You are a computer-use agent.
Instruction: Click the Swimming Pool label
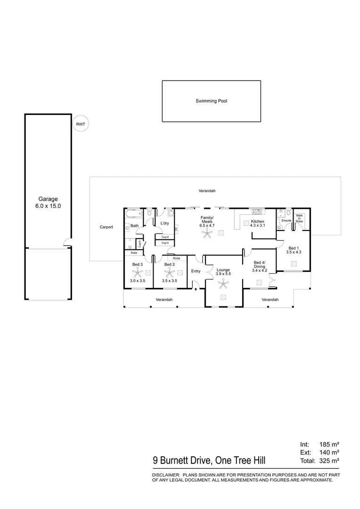pos(212,101)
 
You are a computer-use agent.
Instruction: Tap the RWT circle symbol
pos(80,124)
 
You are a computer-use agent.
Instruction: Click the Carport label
pos(106,227)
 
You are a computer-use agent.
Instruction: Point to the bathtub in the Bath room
pos(134,214)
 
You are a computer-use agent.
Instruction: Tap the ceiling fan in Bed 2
pos(169,272)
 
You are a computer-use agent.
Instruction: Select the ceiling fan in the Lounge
pos(223,284)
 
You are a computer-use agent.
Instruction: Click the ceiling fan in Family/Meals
pos(207,231)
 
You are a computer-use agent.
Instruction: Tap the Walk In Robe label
pos(299,218)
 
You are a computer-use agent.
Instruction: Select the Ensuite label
pos(286,220)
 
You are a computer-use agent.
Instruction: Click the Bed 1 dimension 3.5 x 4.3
pos(293,253)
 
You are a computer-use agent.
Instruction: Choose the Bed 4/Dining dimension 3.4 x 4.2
pos(260,271)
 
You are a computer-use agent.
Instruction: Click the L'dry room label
pos(165,223)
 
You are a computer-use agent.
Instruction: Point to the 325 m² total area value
pos(330,460)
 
